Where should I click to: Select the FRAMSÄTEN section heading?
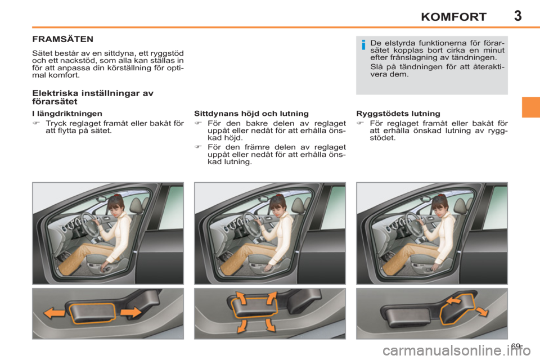(62, 40)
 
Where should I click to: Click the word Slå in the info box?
(377, 66)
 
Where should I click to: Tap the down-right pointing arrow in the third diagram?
(481, 312)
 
